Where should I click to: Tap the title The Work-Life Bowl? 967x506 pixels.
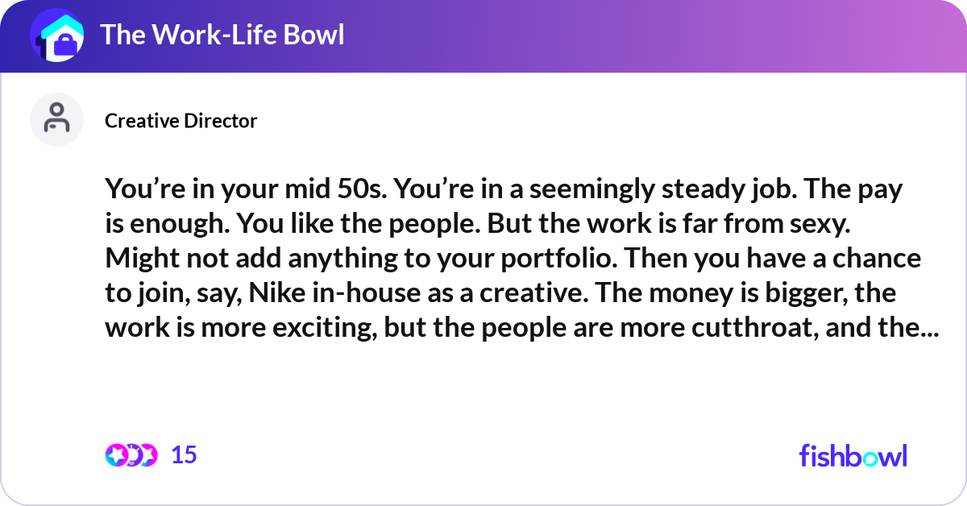pyautogui.click(x=222, y=35)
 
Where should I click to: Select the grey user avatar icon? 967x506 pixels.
pyautogui.click(x=56, y=119)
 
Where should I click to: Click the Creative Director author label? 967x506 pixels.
pyautogui.click(x=181, y=121)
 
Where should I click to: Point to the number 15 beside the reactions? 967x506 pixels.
pyautogui.click(x=184, y=455)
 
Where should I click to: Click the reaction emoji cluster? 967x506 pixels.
pyautogui.click(x=131, y=455)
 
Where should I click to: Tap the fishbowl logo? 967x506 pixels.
pyautogui.click(x=853, y=456)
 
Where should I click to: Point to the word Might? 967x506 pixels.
pyautogui.click(x=140, y=259)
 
